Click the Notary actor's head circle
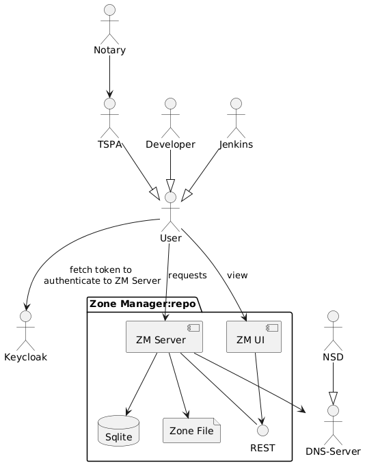tap(110, 10)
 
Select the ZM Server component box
tap(164, 336)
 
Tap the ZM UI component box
tap(254, 336)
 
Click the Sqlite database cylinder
tap(119, 431)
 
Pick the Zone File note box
tap(191, 431)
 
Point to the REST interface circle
tap(262, 430)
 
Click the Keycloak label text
tap(25, 357)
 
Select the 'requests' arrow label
tap(187, 276)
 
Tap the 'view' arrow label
tap(237, 276)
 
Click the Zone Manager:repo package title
tap(142, 304)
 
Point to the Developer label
tap(170, 144)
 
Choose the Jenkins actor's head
tap(236, 104)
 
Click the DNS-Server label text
tap(334, 451)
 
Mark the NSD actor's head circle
tap(334, 317)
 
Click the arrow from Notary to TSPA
tap(110, 77)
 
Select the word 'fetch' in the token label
tap(79, 270)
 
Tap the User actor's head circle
tap(170, 197)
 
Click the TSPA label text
tap(110, 144)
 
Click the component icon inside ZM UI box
tap(273, 328)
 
